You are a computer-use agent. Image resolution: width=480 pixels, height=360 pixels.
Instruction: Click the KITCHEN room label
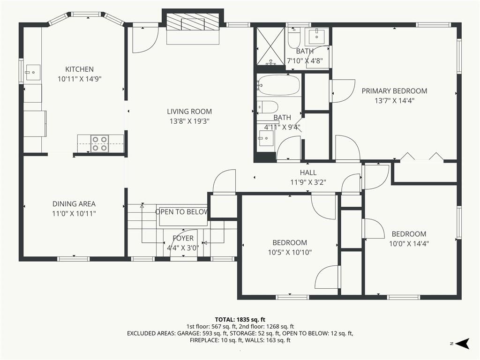(x=79, y=69)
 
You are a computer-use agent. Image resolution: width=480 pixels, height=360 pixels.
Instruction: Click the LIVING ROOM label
(x=189, y=112)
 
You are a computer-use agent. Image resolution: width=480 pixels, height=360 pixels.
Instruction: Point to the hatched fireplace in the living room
(x=193, y=22)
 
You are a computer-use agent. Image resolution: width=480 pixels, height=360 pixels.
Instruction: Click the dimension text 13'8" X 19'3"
(x=189, y=121)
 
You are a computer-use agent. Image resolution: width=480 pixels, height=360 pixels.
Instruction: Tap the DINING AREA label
(x=74, y=204)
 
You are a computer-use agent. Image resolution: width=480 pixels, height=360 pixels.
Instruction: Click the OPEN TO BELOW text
(x=182, y=212)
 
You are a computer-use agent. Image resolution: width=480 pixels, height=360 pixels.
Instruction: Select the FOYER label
(x=183, y=238)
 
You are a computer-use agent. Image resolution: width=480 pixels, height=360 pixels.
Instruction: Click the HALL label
(x=308, y=172)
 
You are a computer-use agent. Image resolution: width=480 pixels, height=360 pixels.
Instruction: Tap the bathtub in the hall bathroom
(x=278, y=85)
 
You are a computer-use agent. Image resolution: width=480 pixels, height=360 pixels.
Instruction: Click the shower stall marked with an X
(x=270, y=46)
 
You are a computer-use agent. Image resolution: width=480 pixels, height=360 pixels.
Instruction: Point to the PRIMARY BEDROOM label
(x=394, y=91)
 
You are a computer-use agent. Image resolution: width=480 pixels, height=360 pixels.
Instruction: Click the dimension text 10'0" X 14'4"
(x=409, y=244)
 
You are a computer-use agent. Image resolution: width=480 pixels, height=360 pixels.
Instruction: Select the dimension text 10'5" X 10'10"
(x=290, y=252)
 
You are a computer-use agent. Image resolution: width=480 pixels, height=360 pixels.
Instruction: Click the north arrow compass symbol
(x=462, y=344)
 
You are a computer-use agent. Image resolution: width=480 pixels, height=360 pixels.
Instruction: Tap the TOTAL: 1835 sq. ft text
(x=240, y=320)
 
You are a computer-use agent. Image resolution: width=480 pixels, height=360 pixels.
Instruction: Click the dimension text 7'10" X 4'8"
(x=305, y=60)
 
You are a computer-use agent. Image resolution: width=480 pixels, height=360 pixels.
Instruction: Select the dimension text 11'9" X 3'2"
(x=308, y=182)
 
